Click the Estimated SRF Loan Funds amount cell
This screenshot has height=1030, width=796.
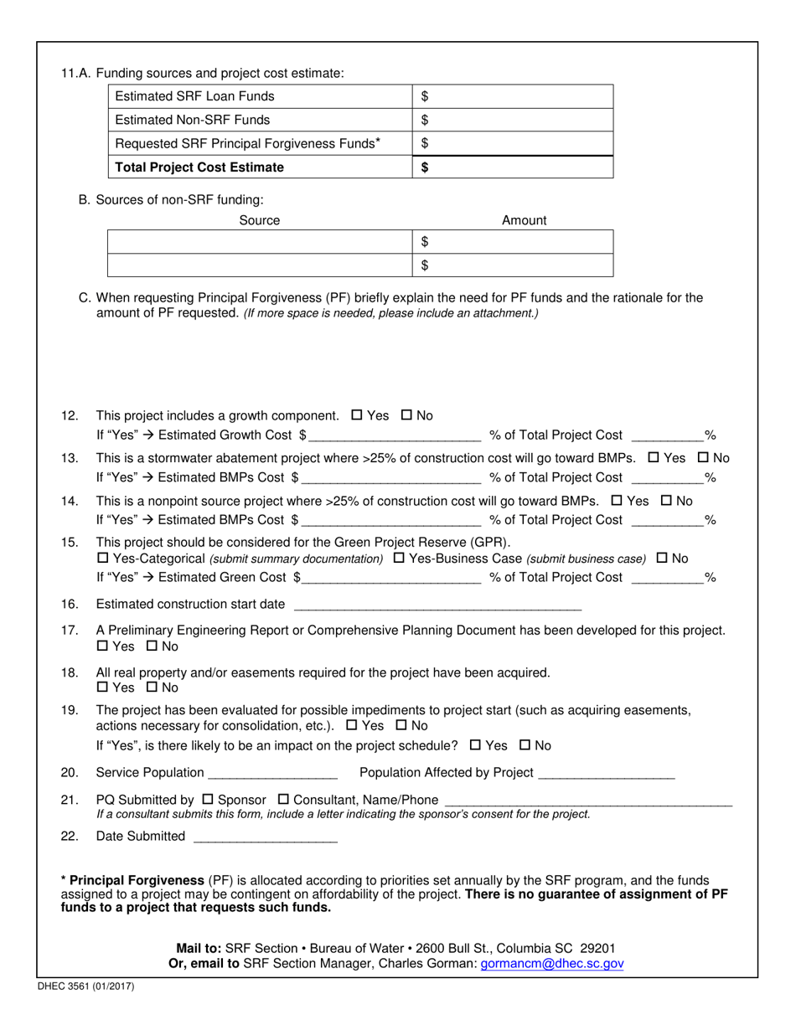click(514, 96)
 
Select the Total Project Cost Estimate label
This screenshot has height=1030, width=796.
click(199, 167)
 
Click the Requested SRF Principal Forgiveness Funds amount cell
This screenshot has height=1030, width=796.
click(514, 143)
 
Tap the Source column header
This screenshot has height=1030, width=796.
click(260, 220)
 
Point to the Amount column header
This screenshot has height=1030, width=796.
click(524, 220)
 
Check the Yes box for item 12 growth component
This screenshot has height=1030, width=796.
click(357, 415)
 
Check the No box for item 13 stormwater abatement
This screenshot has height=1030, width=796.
click(704, 458)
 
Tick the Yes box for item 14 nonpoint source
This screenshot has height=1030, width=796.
click(618, 501)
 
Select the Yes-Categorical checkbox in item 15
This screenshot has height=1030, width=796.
click(103, 558)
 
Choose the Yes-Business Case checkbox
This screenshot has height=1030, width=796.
click(399, 558)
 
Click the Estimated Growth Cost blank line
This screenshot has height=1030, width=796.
click(394, 435)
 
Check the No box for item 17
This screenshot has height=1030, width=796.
click(152, 646)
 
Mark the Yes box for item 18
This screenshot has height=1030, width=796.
click(103, 688)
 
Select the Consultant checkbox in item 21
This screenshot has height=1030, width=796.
click(282, 799)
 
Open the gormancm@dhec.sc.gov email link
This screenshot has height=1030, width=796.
click(552, 964)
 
